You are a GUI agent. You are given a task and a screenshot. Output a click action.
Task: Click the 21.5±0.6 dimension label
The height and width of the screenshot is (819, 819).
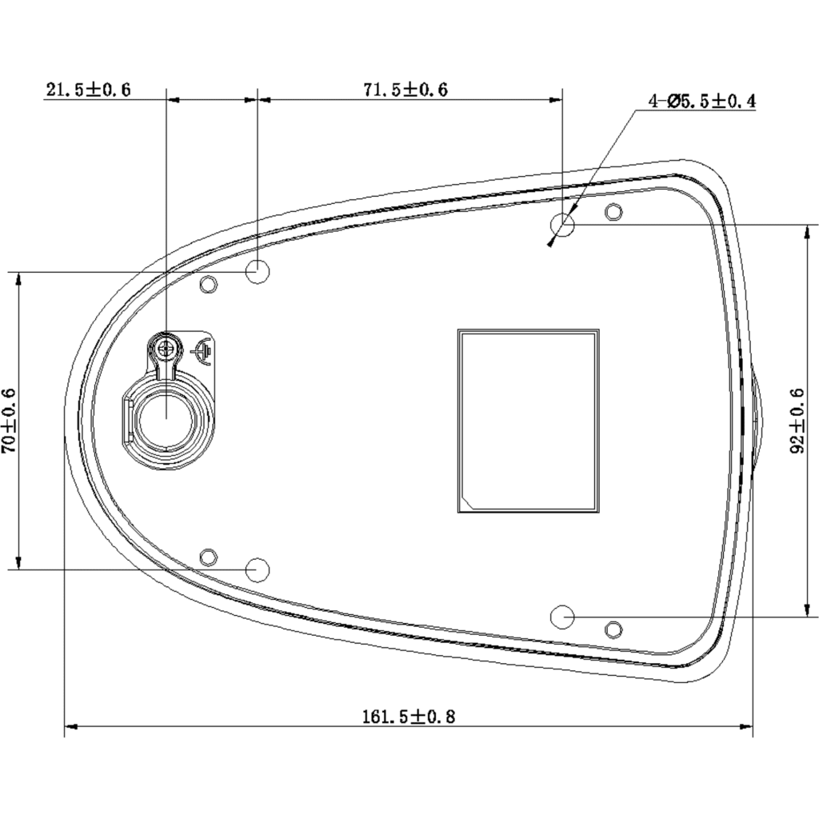[x=88, y=90]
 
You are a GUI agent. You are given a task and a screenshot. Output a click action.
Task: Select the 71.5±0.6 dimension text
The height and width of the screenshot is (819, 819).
[x=406, y=90]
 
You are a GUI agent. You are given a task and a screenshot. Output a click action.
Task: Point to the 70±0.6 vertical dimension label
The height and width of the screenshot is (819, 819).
[x=9, y=421]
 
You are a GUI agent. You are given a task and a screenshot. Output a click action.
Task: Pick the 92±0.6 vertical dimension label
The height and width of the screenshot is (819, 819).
[x=797, y=421]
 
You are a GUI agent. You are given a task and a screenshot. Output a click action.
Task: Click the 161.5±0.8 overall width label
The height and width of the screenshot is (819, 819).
[x=409, y=716]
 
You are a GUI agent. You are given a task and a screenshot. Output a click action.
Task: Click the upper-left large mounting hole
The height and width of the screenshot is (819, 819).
[x=258, y=272]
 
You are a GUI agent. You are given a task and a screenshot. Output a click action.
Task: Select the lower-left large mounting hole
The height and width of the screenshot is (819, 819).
[x=258, y=569]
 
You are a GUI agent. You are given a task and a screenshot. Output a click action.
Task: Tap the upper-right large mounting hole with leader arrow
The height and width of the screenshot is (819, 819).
[x=562, y=225]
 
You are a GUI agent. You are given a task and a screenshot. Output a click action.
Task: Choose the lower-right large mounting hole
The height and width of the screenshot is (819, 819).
[x=562, y=617]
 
